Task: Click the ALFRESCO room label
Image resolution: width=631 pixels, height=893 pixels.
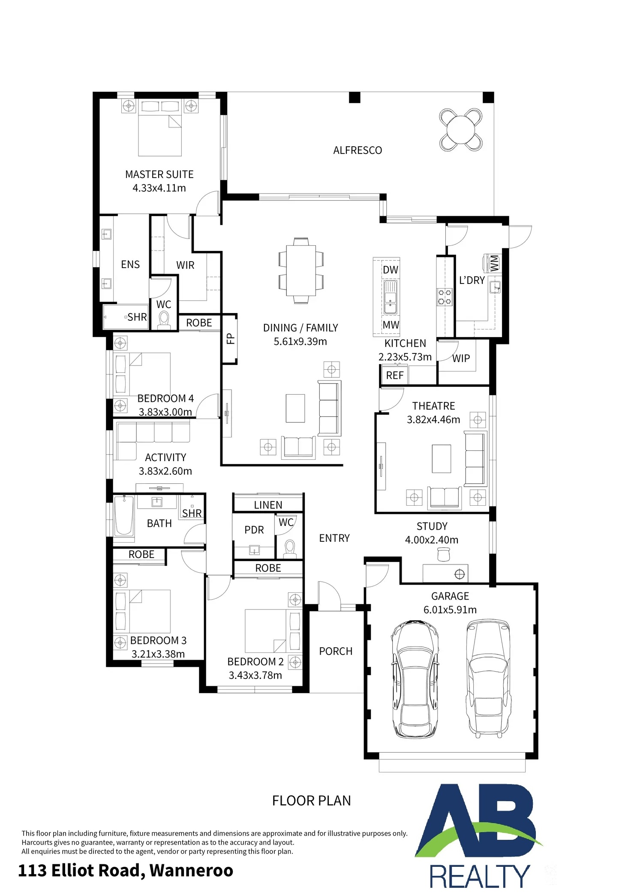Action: pyautogui.click(x=358, y=150)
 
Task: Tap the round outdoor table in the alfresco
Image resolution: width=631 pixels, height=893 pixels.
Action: pyautogui.click(x=461, y=130)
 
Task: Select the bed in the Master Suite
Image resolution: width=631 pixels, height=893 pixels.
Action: pyautogui.click(x=160, y=128)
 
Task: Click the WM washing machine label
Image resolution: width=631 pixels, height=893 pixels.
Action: pyautogui.click(x=494, y=263)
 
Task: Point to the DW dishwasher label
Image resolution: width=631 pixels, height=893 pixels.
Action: pyautogui.click(x=391, y=270)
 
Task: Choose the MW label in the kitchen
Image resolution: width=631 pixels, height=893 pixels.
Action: pyautogui.click(x=391, y=325)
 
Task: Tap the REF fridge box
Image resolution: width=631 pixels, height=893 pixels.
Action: pyautogui.click(x=395, y=375)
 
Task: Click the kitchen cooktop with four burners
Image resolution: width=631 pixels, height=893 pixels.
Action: pyautogui.click(x=445, y=297)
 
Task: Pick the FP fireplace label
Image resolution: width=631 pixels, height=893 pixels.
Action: pyautogui.click(x=230, y=339)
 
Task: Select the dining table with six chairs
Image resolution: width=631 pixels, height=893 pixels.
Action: pyautogui.click(x=301, y=270)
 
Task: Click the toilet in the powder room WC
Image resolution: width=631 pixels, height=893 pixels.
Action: pyautogui.click(x=290, y=548)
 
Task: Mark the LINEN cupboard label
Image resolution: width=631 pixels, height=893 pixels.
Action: pyautogui.click(x=268, y=505)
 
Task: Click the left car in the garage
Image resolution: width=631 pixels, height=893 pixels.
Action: pyautogui.click(x=415, y=679)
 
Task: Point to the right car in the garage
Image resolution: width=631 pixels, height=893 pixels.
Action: pyautogui.click(x=488, y=678)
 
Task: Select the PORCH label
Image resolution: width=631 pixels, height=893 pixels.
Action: pyautogui.click(x=336, y=651)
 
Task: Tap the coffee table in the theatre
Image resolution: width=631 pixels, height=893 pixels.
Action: pyautogui.click(x=442, y=459)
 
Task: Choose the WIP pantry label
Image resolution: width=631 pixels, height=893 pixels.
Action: pyautogui.click(x=461, y=358)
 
